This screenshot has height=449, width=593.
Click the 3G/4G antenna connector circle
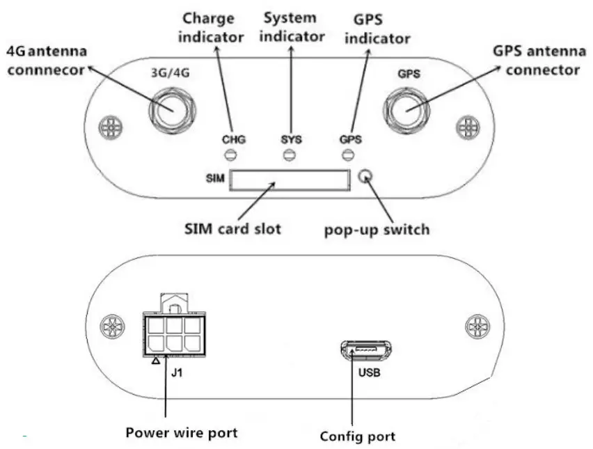pos(169,109)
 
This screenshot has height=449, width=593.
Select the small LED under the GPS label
pos(350,155)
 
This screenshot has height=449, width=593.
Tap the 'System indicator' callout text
pos(290,26)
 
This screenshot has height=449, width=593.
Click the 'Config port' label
pos(358,436)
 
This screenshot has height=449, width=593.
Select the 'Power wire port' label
pos(181,432)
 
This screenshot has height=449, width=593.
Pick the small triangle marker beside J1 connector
pos(156,361)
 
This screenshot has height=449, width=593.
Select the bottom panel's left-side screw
pos(110,325)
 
